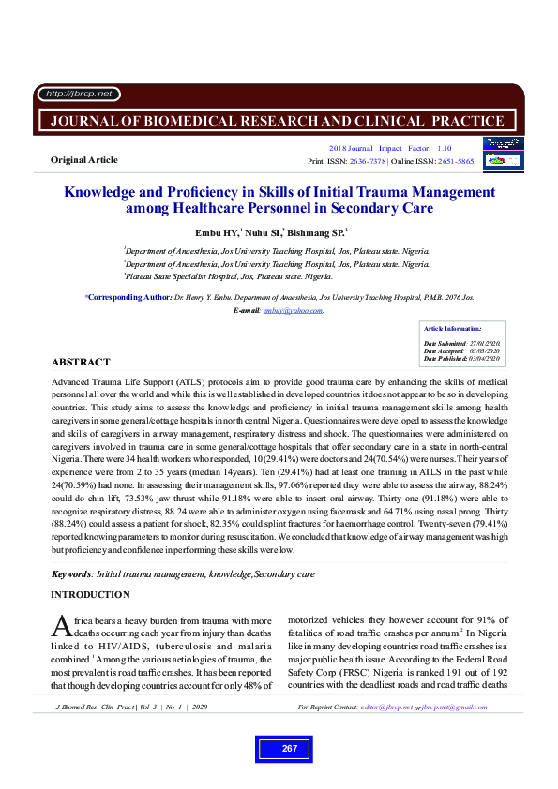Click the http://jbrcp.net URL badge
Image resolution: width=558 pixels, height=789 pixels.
coord(78,94)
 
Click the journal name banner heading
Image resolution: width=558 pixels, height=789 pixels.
coord(278,121)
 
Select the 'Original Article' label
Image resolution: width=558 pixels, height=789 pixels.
coord(83,160)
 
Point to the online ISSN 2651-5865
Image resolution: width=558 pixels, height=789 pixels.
coord(453,161)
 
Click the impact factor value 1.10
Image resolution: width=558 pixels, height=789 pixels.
coord(444,148)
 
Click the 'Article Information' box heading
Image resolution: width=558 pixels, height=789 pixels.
coord(452,329)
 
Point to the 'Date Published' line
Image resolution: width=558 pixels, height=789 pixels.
coord(462,359)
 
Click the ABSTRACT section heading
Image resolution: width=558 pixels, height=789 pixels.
coord(80,362)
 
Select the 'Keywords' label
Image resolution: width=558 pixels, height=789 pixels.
coord(71,573)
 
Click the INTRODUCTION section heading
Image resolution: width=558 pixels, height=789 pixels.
coord(90,595)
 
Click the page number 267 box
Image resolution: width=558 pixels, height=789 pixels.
coord(289,748)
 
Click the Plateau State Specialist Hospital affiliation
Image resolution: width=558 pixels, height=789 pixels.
coord(228,277)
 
